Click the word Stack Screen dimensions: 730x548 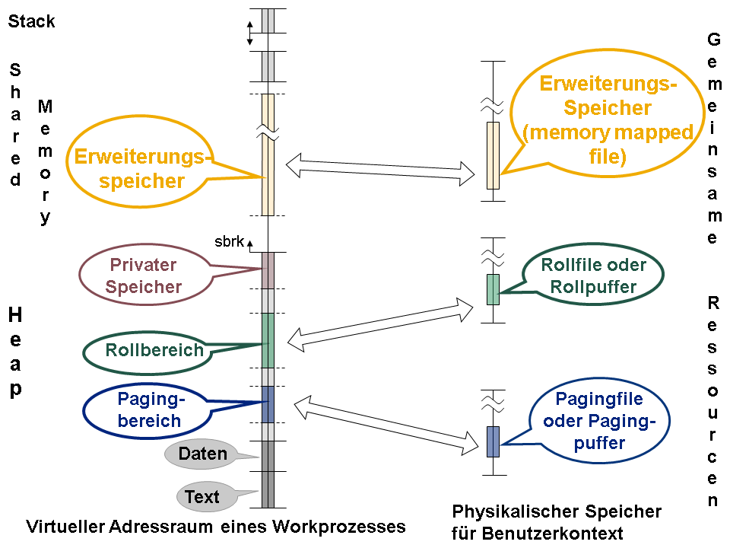[x=31, y=21]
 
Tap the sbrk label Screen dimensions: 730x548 [x=229, y=241]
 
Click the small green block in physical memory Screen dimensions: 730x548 [x=493, y=289]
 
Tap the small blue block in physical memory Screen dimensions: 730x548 [x=493, y=441]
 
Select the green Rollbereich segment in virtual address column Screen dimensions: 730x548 [x=268, y=340]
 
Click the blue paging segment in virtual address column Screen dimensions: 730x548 [x=268, y=404]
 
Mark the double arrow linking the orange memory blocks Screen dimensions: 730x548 [x=380, y=170]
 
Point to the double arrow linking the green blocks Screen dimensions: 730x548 [x=380, y=324]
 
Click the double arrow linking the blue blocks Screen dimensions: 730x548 [x=386, y=425]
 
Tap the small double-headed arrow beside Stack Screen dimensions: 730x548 [x=249, y=33]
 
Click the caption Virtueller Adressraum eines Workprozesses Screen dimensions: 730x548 [x=215, y=527]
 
